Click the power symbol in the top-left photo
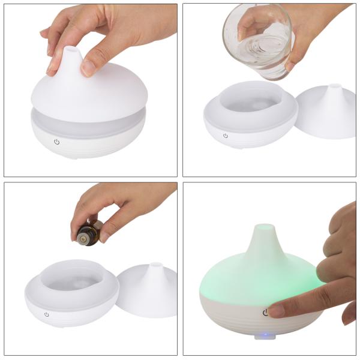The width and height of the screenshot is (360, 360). [x=57, y=142]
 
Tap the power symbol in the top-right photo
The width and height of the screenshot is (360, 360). [x=226, y=136]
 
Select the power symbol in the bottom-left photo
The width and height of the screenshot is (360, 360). [x=47, y=314]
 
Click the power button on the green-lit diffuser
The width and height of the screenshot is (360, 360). [x=265, y=313]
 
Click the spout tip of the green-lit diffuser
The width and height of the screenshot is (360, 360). [x=262, y=229]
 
